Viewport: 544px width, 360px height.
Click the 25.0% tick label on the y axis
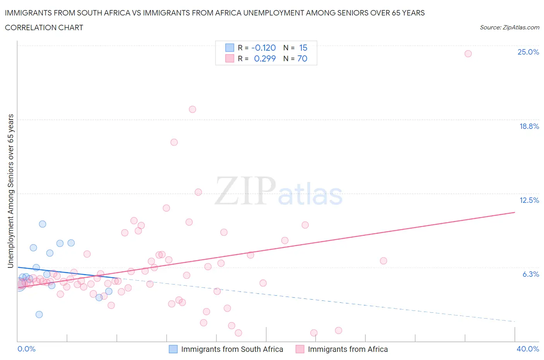tap(528, 52)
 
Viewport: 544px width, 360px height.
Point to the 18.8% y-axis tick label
tap(529, 126)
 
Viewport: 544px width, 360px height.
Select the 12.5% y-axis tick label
tap(529, 200)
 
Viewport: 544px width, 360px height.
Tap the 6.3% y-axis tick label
tap(530, 274)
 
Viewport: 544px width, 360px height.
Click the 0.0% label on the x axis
tap(26, 349)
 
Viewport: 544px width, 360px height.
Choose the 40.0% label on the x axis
tap(528, 349)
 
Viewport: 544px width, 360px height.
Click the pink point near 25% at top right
tap(468, 54)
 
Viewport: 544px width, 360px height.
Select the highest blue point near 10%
tap(43, 224)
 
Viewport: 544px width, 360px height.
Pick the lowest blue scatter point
tap(39, 314)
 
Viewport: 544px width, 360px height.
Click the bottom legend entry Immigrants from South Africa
tap(232, 349)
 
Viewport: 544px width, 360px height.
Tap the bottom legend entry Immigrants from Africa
tap(347, 349)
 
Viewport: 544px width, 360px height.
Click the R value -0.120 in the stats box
tap(263, 48)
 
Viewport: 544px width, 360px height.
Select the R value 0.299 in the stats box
tap(265, 58)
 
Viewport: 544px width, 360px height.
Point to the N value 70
tap(302, 58)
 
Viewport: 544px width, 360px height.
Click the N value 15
tap(303, 48)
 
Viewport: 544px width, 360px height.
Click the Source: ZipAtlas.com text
tap(509, 27)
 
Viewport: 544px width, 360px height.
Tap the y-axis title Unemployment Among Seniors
tap(11, 191)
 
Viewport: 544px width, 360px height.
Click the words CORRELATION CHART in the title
tap(44, 27)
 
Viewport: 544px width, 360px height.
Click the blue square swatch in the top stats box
tap(230, 48)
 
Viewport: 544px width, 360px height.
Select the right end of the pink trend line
tap(515, 212)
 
